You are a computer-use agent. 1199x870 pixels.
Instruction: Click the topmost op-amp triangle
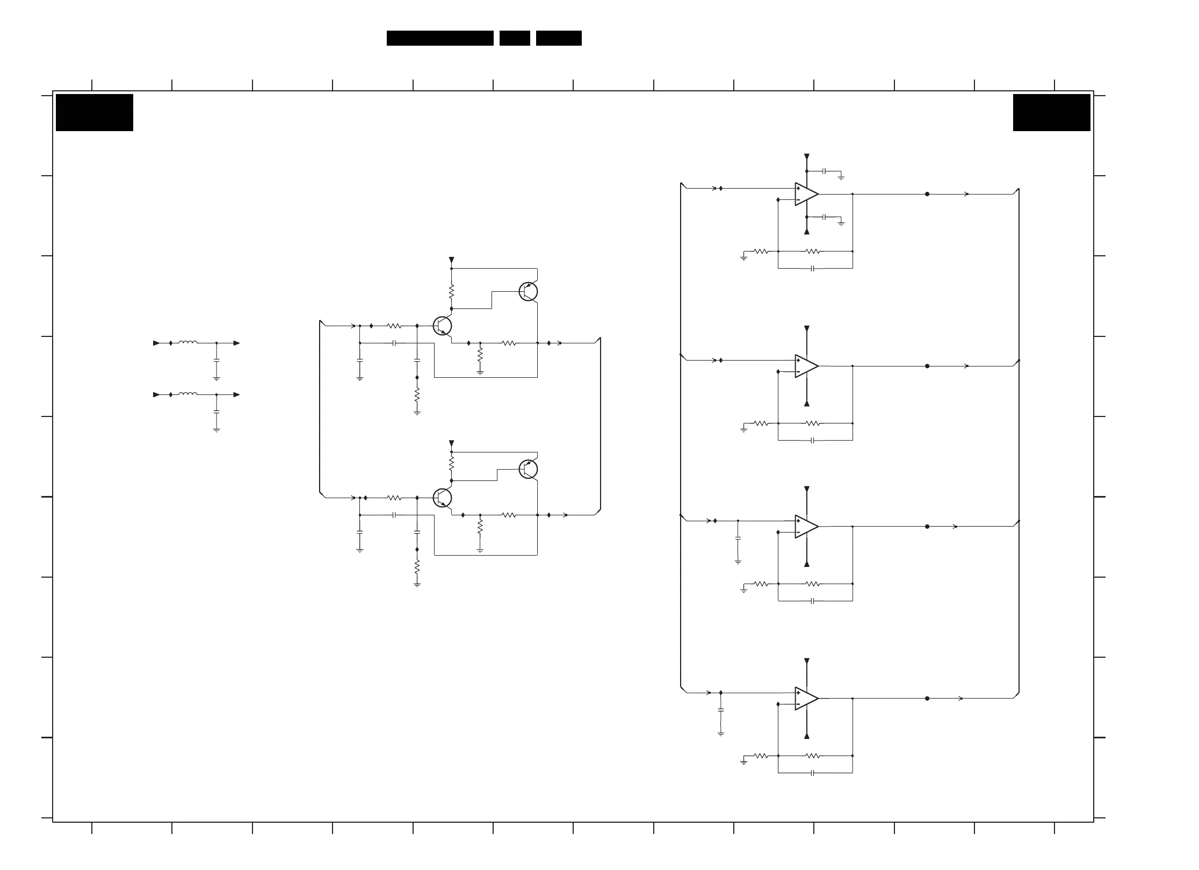[x=806, y=194]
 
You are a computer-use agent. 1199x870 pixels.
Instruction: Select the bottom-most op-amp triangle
[x=806, y=698]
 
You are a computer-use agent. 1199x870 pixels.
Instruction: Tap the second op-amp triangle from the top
[x=806, y=366]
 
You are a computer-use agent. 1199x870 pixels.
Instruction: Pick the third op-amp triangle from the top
[x=806, y=527]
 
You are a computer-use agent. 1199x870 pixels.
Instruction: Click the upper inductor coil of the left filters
[x=187, y=342]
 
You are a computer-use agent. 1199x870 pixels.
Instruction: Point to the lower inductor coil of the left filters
[x=187, y=394]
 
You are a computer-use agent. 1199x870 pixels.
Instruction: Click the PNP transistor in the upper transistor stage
[x=528, y=291]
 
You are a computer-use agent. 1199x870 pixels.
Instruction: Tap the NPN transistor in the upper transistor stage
[x=442, y=326]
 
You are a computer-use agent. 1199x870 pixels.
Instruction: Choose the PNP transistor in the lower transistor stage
[x=528, y=469]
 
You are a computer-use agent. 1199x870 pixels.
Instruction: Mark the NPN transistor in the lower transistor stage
[x=442, y=498]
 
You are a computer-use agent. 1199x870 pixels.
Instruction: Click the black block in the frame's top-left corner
[x=95, y=112]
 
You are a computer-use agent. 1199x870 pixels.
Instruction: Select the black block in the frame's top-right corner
[x=1051, y=112]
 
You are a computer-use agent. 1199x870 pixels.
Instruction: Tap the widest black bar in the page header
[x=440, y=38]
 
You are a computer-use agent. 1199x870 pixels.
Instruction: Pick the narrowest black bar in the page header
[x=515, y=38]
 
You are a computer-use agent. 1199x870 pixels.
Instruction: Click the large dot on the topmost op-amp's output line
[x=927, y=194]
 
